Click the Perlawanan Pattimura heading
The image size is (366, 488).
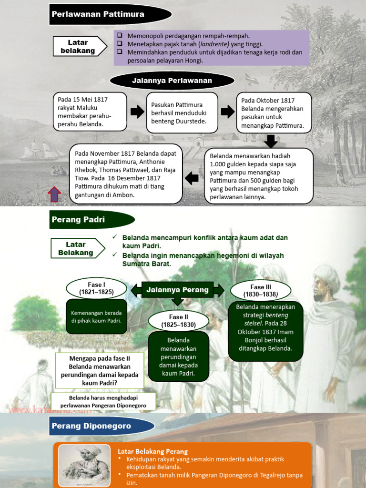pyautogui.click(x=98, y=14)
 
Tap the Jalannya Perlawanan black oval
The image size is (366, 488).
pyautogui.click(x=172, y=81)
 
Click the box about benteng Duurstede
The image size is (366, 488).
pyautogui.click(x=182, y=112)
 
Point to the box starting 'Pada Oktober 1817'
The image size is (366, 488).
pyautogui.click(x=274, y=112)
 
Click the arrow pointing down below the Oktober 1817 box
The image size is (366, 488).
pyautogui.click(x=271, y=142)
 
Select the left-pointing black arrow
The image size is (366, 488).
pyautogui.click(x=192, y=179)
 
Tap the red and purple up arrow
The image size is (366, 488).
pyautogui.click(x=54, y=194)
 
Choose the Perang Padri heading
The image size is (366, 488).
pyautogui.click(x=78, y=219)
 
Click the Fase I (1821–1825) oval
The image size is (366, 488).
pyautogui.click(x=96, y=288)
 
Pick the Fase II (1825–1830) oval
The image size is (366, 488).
pyautogui.click(x=178, y=321)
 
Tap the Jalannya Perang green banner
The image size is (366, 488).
pyautogui.click(x=177, y=290)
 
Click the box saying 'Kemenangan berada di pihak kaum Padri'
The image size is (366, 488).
pyautogui.click(x=96, y=316)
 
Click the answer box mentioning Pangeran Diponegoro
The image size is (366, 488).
pyautogui.click(x=103, y=401)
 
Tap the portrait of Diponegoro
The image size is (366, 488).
pyautogui.click(x=83, y=465)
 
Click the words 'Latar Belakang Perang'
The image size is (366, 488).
pyautogui.click(x=153, y=451)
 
